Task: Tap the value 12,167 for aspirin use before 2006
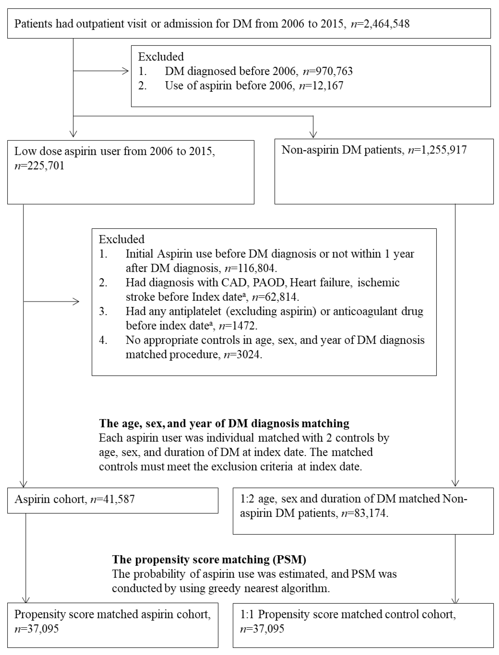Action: click(x=326, y=85)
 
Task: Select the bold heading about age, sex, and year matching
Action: click(x=224, y=423)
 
